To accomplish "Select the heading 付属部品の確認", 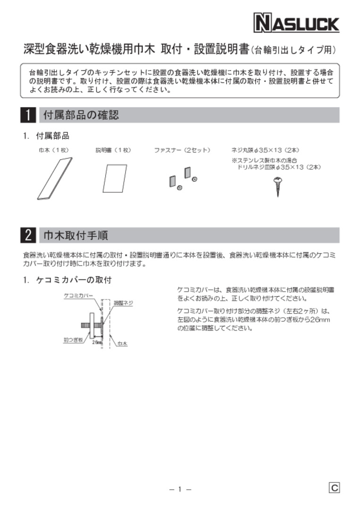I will tap(81, 115).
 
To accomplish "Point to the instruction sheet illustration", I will tap(115, 179).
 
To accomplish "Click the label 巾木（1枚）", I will tap(54, 150).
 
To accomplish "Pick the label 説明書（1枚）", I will tap(113, 150).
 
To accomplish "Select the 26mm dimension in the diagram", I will tap(97, 342).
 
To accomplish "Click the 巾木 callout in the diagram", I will tap(122, 343).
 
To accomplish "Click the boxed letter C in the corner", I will tap(334, 488).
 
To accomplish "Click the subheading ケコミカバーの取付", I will tap(73, 280).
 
